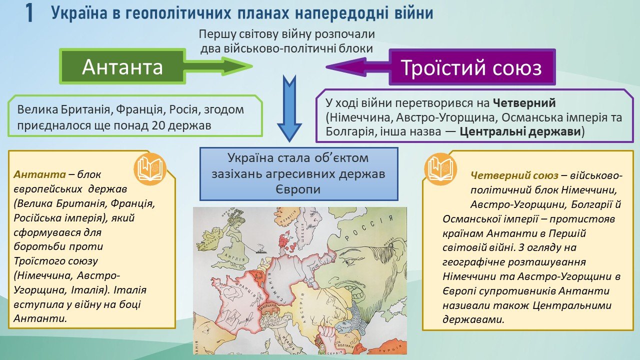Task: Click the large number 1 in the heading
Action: pyautogui.click(x=29, y=13)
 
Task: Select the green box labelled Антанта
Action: pyautogui.click(x=122, y=66)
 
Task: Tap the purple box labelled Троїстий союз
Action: pyautogui.click(x=472, y=67)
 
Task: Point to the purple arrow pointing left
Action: pyautogui.click(x=357, y=67)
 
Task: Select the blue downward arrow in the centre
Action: pyautogui.click(x=289, y=108)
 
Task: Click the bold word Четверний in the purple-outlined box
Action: pyautogui.click(x=524, y=103)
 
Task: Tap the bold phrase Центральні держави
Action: pyautogui.click(x=520, y=131)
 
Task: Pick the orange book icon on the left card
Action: pyautogui.click(x=150, y=169)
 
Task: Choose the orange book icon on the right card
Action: pyautogui.click(x=440, y=169)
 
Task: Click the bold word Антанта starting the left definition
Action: pyautogui.click(x=39, y=174)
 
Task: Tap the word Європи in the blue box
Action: pyautogui.click(x=298, y=189)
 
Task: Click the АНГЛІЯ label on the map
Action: pyautogui.click(x=235, y=259)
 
